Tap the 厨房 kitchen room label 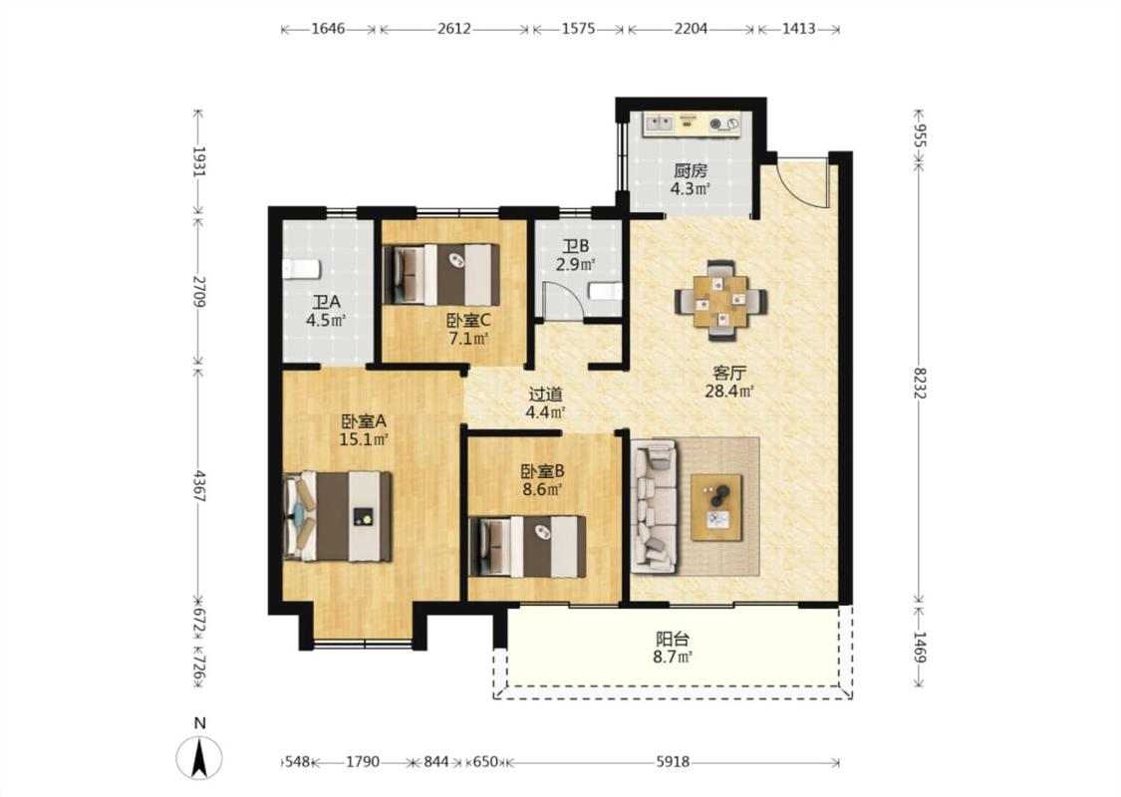click(x=691, y=171)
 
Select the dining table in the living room click(x=721, y=300)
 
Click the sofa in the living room click(x=654, y=506)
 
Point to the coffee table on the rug click(x=716, y=508)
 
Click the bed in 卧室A click(x=338, y=515)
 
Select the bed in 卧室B click(x=527, y=546)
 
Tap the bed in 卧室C click(x=441, y=275)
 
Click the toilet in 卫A click(x=300, y=269)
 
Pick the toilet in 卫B click(x=606, y=292)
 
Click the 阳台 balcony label click(x=673, y=639)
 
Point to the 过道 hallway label click(x=545, y=394)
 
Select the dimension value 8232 click(x=920, y=384)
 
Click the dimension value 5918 click(x=673, y=762)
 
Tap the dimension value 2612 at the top click(x=454, y=29)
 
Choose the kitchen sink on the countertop click(x=659, y=124)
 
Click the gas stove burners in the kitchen click(x=723, y=125)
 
